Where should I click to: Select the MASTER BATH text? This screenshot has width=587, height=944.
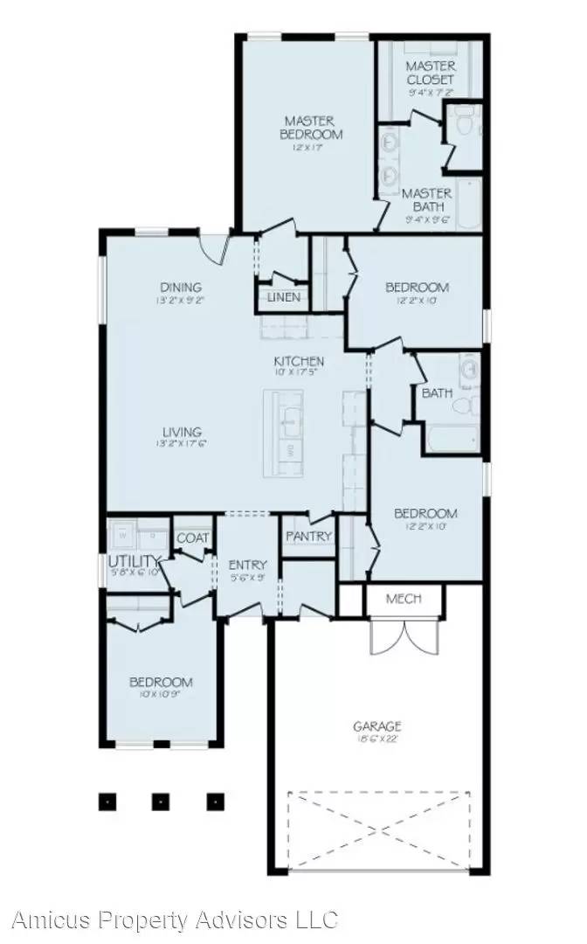tap(427, 200)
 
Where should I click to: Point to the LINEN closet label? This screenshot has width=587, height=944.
tap(284, 297)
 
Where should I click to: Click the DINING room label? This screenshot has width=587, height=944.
tap(181, 287)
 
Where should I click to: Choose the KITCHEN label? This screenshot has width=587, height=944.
tap(299, 361)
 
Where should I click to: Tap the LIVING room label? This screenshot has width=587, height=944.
tap(181, 432)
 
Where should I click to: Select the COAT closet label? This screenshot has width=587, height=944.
tap(193, 538)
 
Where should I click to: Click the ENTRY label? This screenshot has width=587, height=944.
tap(247, 565)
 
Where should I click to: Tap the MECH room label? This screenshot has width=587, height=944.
tap(403, 599)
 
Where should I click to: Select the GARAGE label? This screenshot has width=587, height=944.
tap(377, 725)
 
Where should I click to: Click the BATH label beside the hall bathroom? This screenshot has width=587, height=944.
tap(437, 393)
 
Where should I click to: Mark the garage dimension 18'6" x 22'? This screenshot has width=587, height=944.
tap(377, 739)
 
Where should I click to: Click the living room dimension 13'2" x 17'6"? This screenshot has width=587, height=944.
tap(181, 445)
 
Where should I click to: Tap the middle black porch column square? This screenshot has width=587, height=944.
tap(161, 800)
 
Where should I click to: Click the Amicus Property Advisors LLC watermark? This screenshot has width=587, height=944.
tap(175, 920)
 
